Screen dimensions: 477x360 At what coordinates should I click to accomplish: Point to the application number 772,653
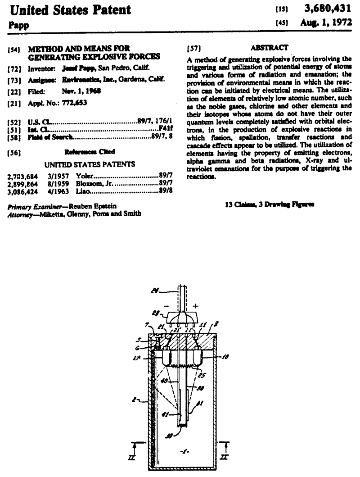(x=74, y=103)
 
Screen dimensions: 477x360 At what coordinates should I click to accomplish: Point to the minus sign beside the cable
(x=169, y=305)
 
